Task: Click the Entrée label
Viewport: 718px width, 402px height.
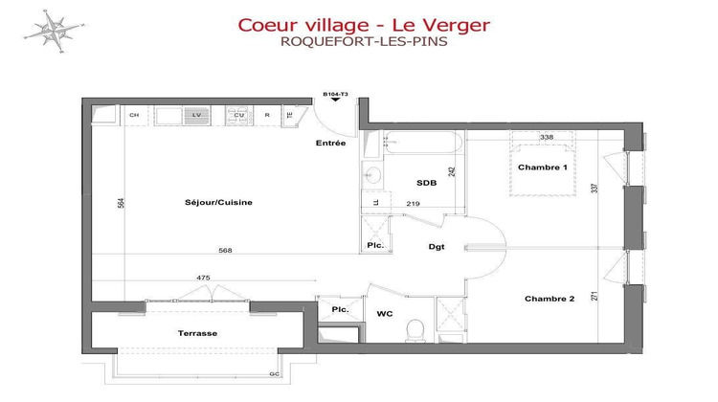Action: click(x=330, y=144)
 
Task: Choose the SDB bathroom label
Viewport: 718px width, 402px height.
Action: click(x=426, y=182)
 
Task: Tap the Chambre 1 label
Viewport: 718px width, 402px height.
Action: click(x=543, y=167)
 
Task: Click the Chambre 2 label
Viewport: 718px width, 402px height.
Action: click(x=549, y=299)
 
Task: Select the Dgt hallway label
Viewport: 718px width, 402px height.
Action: click(x=436, y=247)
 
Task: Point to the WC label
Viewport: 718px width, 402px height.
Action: click(x=385, y=312)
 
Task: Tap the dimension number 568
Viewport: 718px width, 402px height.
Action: click(x=225, y=251)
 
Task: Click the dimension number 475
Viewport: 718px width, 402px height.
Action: click(x=203, y=278)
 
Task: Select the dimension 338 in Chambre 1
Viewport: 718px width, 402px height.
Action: click(x=547, y=138)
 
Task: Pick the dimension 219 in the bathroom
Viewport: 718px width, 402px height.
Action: click(x=414, y=204)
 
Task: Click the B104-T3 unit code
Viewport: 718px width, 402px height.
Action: click(x=334, y=94)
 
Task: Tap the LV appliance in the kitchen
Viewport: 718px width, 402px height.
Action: click(x=197, y=115)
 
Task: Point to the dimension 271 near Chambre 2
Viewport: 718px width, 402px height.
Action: click(x=594, y=296)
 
